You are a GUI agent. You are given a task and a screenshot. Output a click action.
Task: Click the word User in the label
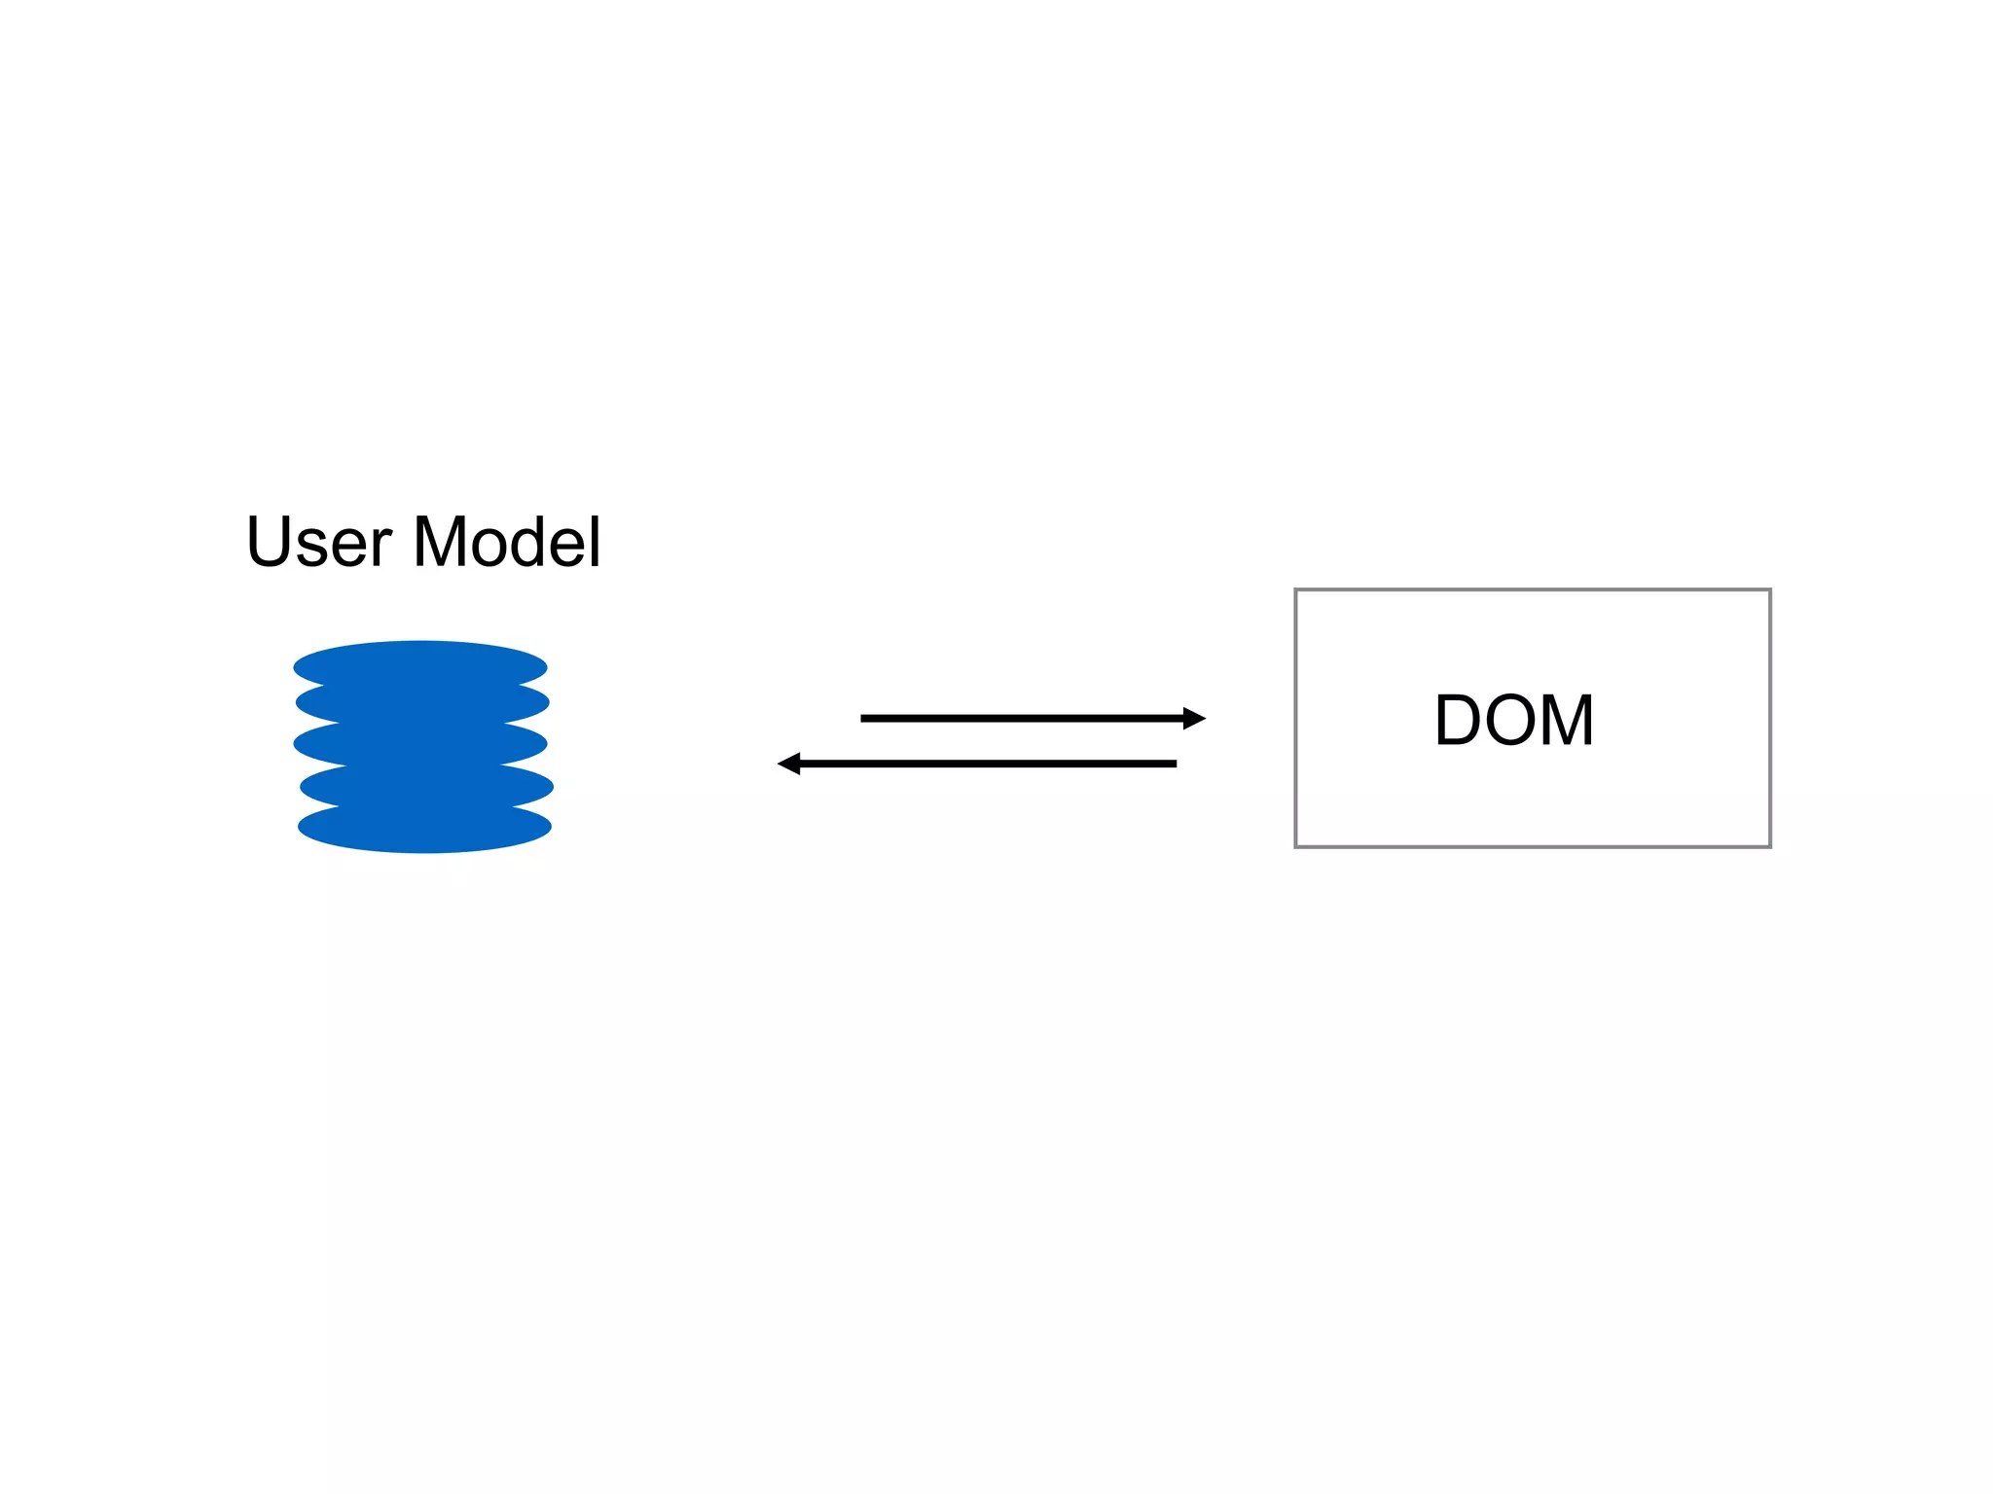(319, 543)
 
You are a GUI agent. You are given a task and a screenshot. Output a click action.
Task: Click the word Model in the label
(507, 543)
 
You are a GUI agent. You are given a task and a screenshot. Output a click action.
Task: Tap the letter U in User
(269, 542)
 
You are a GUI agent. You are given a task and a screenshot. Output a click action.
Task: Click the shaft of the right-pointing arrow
(1022, 719)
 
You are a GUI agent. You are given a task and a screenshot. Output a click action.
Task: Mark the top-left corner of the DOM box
(1296, 590)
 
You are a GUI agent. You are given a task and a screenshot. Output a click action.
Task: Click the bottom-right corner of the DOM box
(1769, 846)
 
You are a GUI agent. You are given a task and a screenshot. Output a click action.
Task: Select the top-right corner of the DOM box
(1769, 590)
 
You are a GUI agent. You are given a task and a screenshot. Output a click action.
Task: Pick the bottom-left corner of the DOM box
(1296, 846)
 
